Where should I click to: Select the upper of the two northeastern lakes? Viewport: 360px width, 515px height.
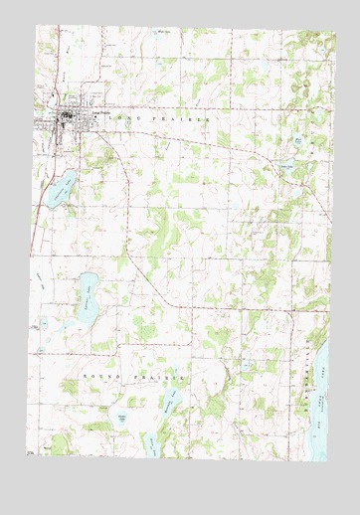click(x=297, y=145)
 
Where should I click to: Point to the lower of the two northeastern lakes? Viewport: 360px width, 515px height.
click(x=287, y=168)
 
